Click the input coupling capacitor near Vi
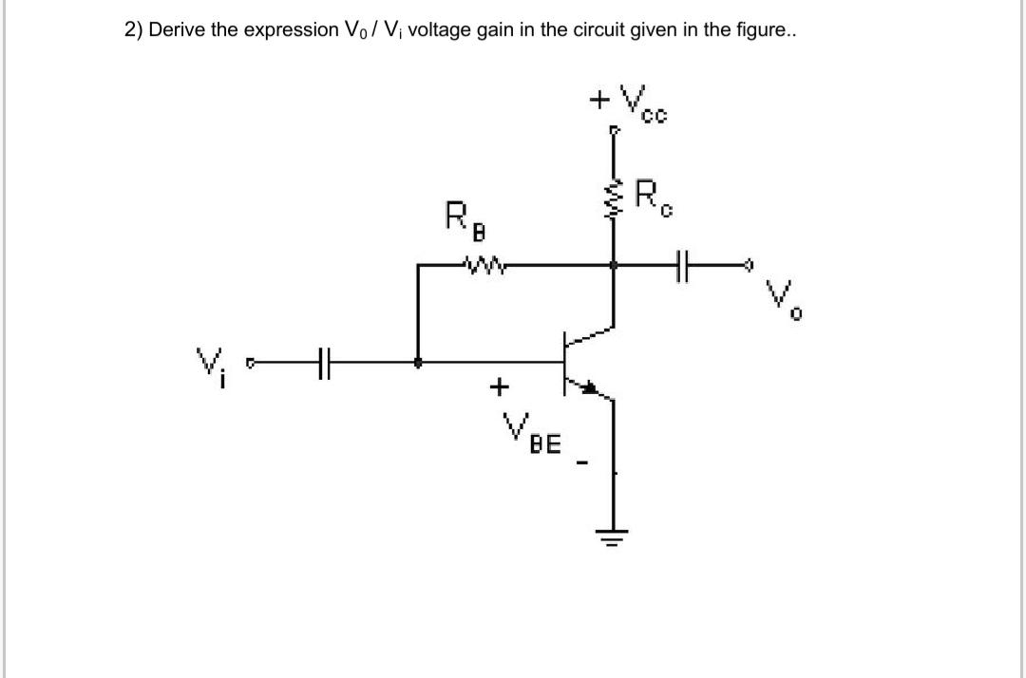324,362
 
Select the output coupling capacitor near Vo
680,266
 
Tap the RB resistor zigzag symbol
482,266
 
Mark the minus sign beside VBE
586,464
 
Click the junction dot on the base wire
418,362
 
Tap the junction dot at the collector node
614,266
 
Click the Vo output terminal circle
750,266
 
